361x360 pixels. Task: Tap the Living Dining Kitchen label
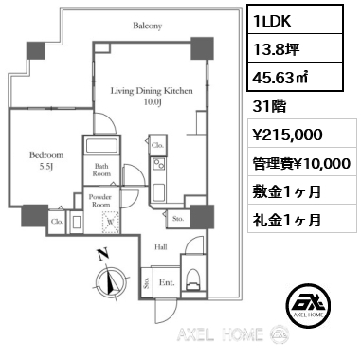click(152, 95)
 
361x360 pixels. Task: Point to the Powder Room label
click(101, 202)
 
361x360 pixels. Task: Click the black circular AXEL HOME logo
click(311, 303)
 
